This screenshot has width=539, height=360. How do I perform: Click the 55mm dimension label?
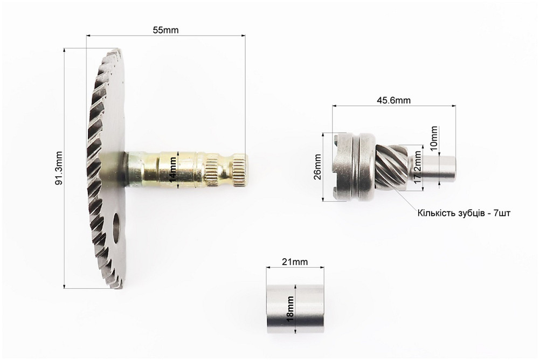tap(165, 30)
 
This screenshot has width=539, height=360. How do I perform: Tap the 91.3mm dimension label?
tap(59, 168)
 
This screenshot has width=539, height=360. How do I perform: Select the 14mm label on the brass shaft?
tap(173, 169)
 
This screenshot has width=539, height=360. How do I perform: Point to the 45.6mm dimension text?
tap(393, 100)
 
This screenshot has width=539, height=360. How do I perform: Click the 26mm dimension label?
tap(317, 167)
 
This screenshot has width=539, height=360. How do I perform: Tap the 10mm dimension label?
tap(434, 137)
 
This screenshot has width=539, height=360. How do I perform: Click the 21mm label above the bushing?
tap(295, 262)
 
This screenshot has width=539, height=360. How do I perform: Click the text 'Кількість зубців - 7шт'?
tap(464, 213)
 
